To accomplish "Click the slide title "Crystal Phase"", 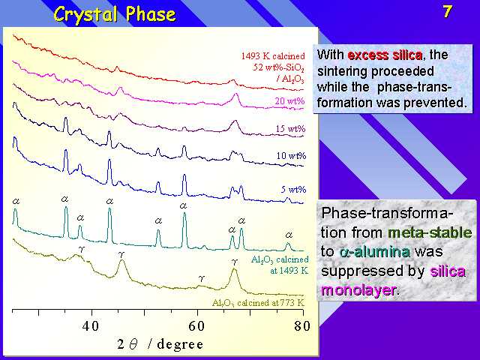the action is [x=115, y=14].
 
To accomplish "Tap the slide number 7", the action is [x=447, y=12].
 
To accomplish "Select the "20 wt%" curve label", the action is [x=289, y=100].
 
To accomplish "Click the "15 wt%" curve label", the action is [x=290, y=128].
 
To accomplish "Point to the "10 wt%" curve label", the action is [x=291, y=156].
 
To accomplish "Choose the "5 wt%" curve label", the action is [x=293, y=190].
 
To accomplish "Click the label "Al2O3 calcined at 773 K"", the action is [x=258, y=303].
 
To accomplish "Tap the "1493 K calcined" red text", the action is [x=273, y=56].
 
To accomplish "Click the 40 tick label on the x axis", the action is [x=91, y=326].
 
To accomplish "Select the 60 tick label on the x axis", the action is [x=196, y=326].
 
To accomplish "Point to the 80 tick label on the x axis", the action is [x=302, y=326].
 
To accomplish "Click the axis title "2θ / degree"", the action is [x=160, y=344].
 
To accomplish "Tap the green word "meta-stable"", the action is [x=430, y=233].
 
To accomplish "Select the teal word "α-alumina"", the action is [x=374, y=252].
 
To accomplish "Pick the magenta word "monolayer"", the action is [x=358, y=289].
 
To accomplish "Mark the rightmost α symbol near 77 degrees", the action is [x=289, y=235].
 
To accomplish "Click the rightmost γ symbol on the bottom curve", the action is [x=235, y=262].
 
